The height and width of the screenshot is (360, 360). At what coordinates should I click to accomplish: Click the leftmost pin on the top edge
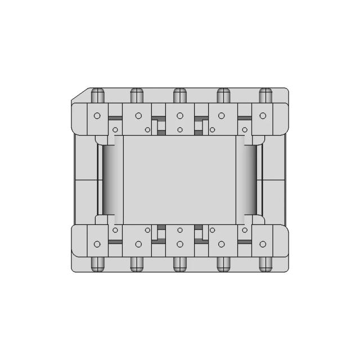[97, 94]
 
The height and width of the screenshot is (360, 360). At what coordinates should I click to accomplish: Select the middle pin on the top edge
[179, 94]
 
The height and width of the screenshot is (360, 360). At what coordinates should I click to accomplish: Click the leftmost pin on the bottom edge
[97, 263]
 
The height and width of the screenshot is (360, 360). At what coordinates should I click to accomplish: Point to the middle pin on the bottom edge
[179, 263]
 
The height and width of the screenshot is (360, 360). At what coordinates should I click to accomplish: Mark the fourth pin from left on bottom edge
[222, 263]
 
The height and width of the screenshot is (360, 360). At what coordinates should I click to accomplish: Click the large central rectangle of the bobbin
[179, 180]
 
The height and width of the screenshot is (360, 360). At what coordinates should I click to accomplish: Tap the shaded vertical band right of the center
[249, 180]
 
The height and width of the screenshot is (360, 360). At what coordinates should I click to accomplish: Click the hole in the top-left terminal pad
[97, 116]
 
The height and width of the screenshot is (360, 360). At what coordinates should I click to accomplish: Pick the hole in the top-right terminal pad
[263, 116]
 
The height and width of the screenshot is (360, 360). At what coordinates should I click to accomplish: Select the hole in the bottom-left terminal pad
[97, 244]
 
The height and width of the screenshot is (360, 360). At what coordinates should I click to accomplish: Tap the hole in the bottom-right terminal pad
[263, 244]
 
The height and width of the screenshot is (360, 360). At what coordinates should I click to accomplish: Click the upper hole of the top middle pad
[179, 116]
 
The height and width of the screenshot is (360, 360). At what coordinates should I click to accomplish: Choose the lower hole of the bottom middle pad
[179, 244]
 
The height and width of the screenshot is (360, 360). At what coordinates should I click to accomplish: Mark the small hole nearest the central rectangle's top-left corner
[115, 130]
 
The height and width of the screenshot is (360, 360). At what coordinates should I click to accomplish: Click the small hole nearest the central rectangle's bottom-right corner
[245, 230]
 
